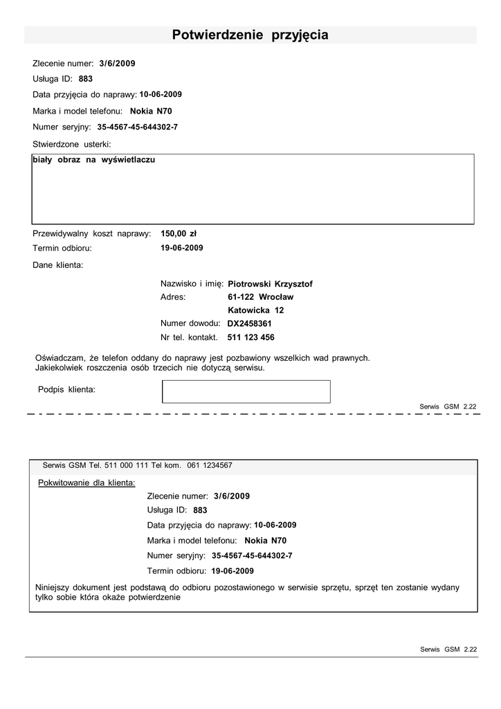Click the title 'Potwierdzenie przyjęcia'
(x=250, y=35)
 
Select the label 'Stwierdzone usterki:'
(x=72, y=144)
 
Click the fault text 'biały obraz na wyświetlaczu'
(x=94, y=160)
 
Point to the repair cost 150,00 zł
(x=179, y=233)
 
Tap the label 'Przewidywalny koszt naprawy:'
(x=92, y=233)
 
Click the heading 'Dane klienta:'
(x=58, y=264)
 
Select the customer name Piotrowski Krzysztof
(x=271, y=284)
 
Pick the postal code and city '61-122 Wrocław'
(x=261, y=297)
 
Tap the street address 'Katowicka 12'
(x=256, y=310)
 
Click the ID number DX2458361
(x=250, y=323)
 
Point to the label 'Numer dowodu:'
(x=190, y=323)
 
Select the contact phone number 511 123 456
(x=251, y=338)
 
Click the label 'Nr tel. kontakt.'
(x=190, y=338)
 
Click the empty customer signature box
(x=246, y=391)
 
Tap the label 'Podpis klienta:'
(x=66, y=390)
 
